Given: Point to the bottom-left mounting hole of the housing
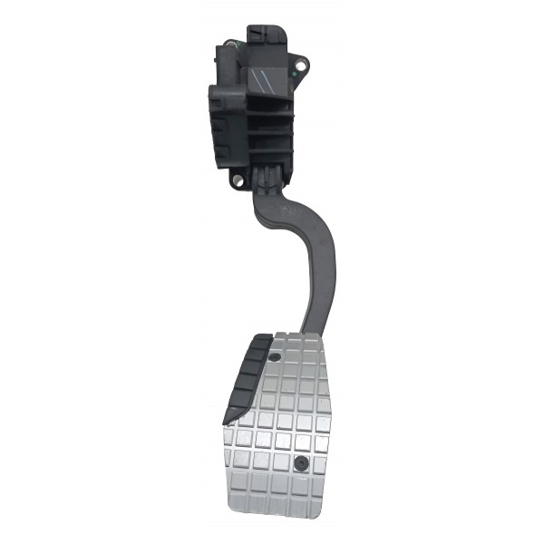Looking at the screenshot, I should (x=238, y=180).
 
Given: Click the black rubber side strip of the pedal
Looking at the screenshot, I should (x=244, y=376).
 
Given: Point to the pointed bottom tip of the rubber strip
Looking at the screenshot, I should (x=227, y=423).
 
